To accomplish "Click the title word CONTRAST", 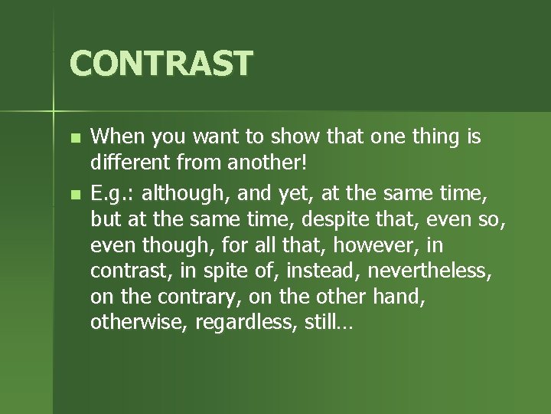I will click(161, 63).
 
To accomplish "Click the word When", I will click(119, 137).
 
